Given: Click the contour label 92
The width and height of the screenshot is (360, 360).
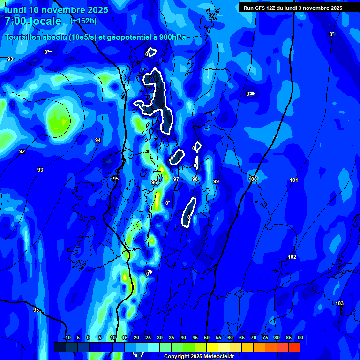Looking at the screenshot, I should [22, 151].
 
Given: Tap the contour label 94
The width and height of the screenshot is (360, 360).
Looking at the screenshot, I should [97, 140].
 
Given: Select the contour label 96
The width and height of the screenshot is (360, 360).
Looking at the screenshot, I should [154, 182].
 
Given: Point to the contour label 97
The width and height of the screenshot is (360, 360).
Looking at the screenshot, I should [176, 179].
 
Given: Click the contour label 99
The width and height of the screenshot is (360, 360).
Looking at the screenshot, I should [216, 181].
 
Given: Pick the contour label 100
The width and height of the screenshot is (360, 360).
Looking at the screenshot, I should [253, 179].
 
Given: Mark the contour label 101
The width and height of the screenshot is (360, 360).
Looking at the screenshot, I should [294, 180].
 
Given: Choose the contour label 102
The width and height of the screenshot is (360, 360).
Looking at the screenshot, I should [292, 257].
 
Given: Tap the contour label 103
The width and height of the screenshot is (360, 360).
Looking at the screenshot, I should [339, 303].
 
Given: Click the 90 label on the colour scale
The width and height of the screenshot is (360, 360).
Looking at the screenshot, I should [300, 337].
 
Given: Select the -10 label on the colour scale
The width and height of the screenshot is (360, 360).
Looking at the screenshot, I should [67, 337].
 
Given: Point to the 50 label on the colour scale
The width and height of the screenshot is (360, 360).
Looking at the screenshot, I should [207, 337].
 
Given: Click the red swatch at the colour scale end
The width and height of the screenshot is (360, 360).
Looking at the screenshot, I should [294, 347].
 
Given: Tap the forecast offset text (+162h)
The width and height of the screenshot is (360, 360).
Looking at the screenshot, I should [83, 21].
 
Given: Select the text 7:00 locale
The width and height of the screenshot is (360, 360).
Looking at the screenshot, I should [33, 21].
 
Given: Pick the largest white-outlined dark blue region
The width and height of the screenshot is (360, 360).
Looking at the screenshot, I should [159, 98].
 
